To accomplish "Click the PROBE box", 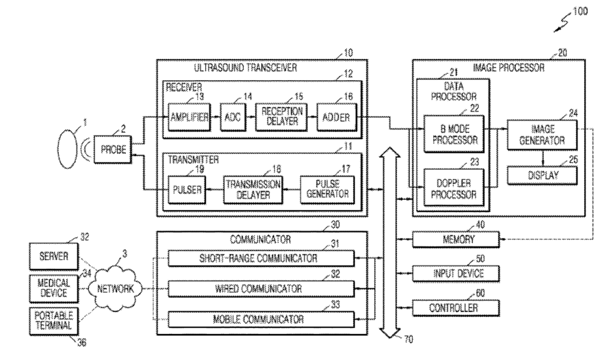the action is click(113, 149).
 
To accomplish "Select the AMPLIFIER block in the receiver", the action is click(190, 117).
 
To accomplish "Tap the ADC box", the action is click(233, 117).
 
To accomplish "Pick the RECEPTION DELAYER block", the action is click(282, 117).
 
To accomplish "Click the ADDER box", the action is click(336, 117).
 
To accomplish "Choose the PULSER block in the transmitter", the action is click(187, 190).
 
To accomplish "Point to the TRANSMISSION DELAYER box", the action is click(253, 190).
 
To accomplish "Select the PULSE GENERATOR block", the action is click(328, 190).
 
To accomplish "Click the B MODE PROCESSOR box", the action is click(454, 134).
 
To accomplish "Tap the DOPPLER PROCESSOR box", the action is click(454, 188).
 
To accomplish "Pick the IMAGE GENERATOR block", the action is click(543, 135).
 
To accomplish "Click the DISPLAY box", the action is click(543, 175).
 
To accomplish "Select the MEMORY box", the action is click(456, 240).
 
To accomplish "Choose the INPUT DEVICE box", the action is click(456, 274).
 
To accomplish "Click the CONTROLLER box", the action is click(456, 308).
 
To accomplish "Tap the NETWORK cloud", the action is click(116, 289).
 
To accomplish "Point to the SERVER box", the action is click(54, 257).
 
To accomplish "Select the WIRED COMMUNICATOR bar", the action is click(261, 289).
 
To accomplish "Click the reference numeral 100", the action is click(580, 12).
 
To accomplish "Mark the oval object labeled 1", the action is click(68, 149).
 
